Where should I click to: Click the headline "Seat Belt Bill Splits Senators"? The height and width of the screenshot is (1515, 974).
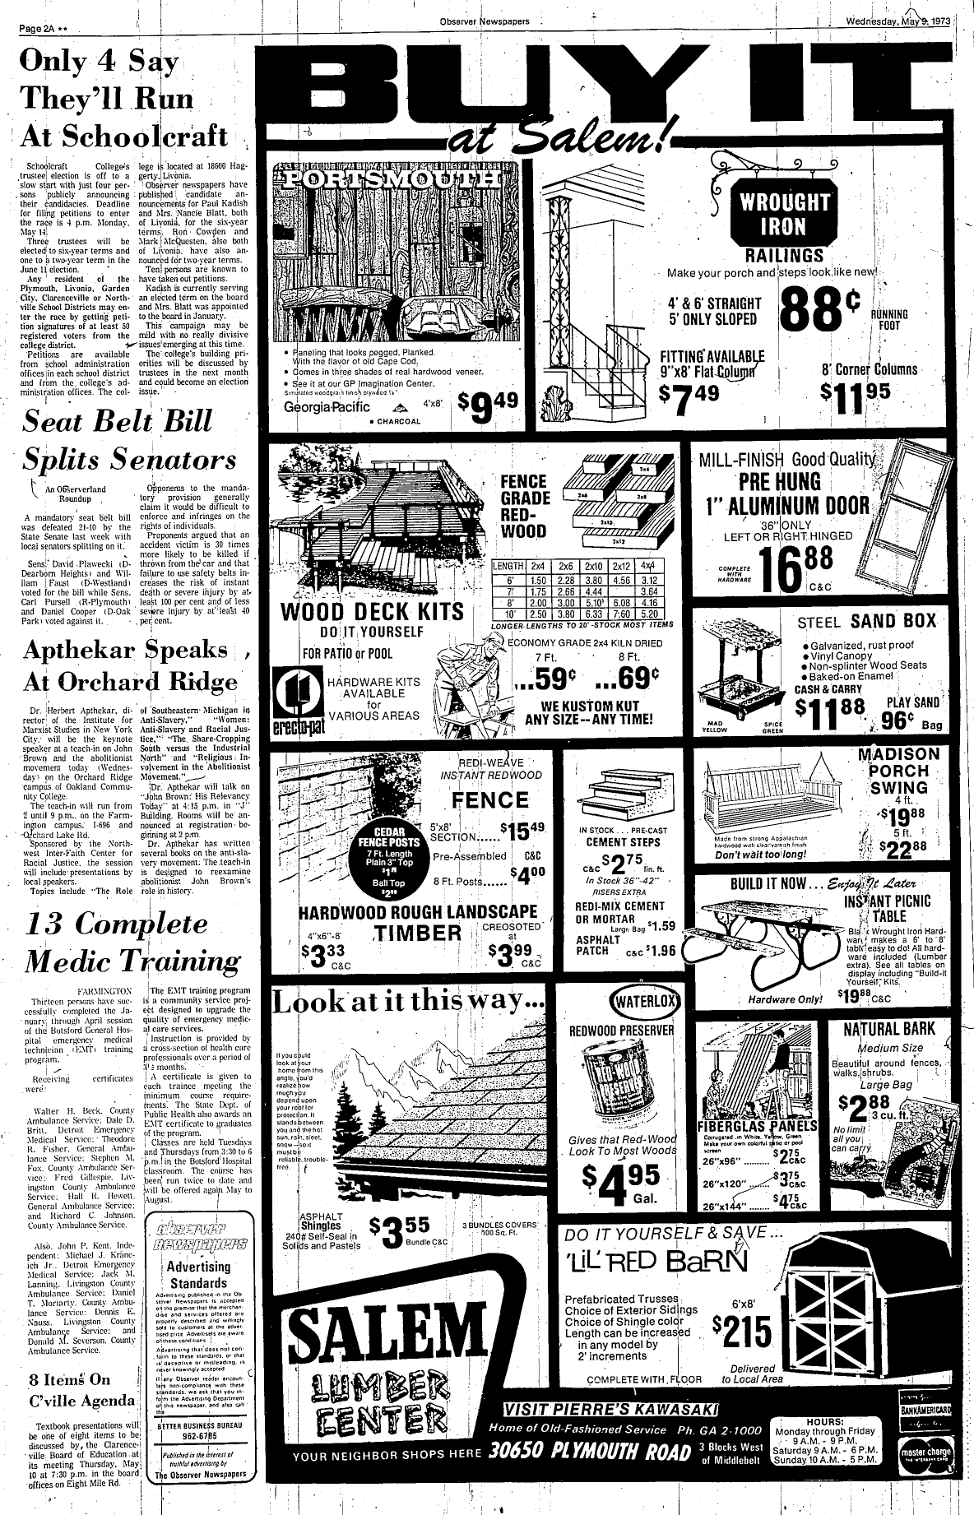(x=129, y=440)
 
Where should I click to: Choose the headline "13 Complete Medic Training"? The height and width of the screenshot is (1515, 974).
(x=133, y=942)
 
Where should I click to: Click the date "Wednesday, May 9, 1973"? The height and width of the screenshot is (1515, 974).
(x=901, y=21)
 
